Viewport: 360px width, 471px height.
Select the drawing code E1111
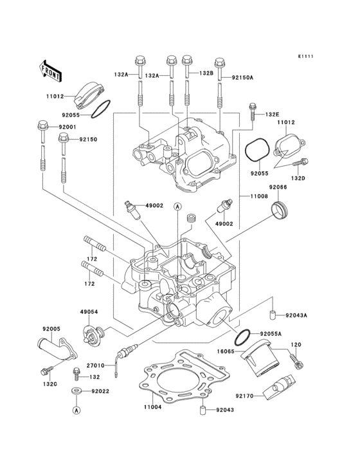[x=305, y=57]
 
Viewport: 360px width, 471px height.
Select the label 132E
[x=273, y=114]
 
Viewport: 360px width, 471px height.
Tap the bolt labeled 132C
[x=46, y=371]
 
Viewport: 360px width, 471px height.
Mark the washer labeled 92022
[x=76, y=391]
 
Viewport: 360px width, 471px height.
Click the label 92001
[x=67, y=127]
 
